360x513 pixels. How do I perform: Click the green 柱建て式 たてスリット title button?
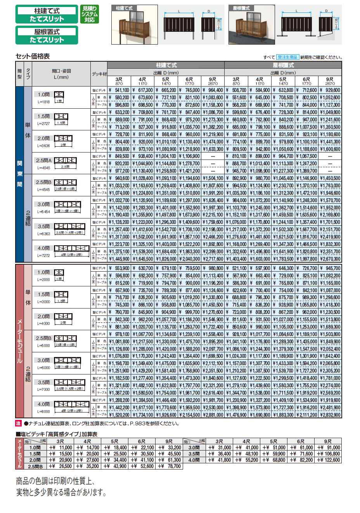pyautogui.click(x=47, y=15)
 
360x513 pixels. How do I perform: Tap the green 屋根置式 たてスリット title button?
pyautogui.click(x=47, y=35)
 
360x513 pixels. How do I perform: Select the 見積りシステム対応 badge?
pyautogui.click(x=90, y=14)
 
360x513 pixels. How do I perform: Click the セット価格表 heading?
pyautogui.click(x=33, y=56)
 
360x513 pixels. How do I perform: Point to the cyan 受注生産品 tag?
pyautogui.click(x=287, y=57)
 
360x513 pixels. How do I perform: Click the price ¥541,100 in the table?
pyautogui.click(x=119, y=90)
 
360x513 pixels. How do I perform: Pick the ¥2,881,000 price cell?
pyautogui.click(x=213, y=415)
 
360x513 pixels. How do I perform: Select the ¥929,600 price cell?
pyautogui.click(x=330, y=90)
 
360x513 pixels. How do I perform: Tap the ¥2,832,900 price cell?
pyautogui.click(x=330, y=415)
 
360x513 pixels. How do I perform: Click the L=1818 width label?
pyautogui.click(x=43, y=102)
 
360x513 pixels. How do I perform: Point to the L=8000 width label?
pyautogui.click(x=43, y=412)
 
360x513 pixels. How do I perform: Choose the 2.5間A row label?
pyautogui.click(x=44, y=160)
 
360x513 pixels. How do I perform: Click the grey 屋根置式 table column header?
pyautogui.click(x=283, y=65)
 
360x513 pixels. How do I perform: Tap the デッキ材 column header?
pyautogui.click(x=99, y=74)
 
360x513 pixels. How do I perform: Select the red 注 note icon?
pyautogui.click(x=18, y=423)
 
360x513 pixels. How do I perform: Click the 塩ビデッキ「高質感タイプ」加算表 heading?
pyautogui.click(x=57, y=434)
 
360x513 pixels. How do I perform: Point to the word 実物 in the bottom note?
pyautogui.click(x=24, y=492)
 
